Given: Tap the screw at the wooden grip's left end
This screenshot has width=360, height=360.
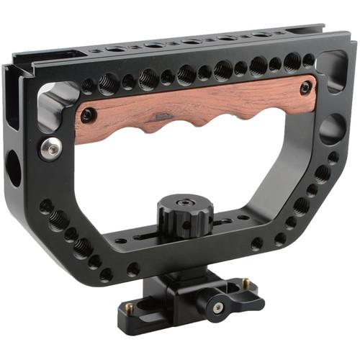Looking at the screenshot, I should pyautogui.click(x=88, y=114).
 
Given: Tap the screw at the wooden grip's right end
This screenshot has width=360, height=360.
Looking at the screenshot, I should pyautogui.click(x=305, y=87).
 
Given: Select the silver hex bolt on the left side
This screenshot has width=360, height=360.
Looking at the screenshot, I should pyautogui.click(x=50, y=148).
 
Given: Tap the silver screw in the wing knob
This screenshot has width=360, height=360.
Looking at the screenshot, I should pyautogui.click(x=217, y=308).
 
